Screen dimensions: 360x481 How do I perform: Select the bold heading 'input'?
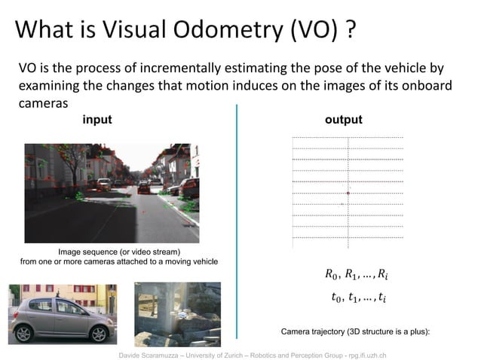tap(97, 120)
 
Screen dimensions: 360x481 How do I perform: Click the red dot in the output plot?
tap(348, 194)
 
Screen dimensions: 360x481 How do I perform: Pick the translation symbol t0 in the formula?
tap(337, 297)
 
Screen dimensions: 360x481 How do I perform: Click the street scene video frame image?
tap(112, 193)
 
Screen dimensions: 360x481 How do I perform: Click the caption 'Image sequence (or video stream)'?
tap(119, 251)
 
